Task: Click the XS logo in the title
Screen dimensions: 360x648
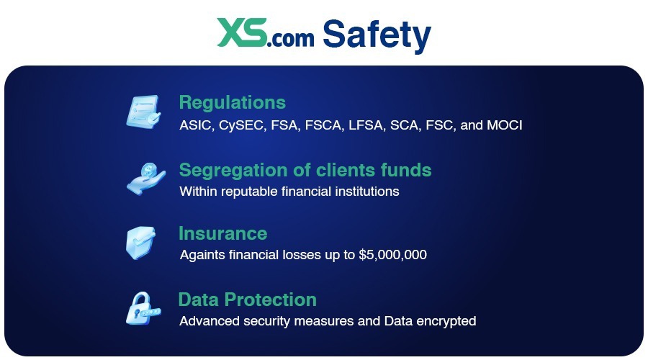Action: [241, 33]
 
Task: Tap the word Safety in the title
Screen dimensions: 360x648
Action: [377, 33]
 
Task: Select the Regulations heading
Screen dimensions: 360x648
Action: [232, 102]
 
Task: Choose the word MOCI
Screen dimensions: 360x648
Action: [505, 125]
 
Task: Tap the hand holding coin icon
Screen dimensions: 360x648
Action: [144, 177]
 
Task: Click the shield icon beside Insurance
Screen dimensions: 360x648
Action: [141, 243]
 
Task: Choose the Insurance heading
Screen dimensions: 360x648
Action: [222, 233]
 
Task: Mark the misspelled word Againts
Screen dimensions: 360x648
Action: [201, 256]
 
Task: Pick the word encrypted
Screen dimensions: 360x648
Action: [449, 321]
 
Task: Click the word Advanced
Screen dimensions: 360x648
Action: [206, 320]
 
